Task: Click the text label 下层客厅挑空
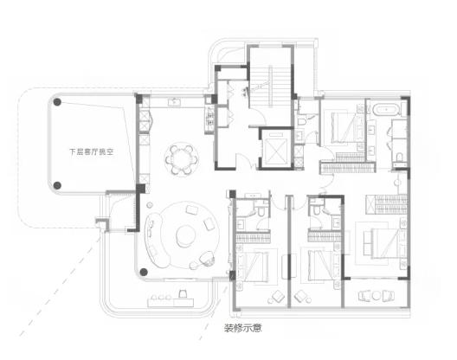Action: click(91, 151)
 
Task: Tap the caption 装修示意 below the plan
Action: click(242, 328)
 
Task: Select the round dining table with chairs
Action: click(182, 159)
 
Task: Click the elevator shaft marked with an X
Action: click(276, 148)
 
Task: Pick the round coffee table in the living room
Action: click(185, 235)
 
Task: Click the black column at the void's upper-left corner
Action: click(57, 102)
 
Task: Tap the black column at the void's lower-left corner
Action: click(57, 185)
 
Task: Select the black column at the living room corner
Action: click(144, 272)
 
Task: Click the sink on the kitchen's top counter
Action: click(175, 102)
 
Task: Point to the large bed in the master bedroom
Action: click(384, 243)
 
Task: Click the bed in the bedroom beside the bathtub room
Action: click(344, 127)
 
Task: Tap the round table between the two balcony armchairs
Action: click(377, 296)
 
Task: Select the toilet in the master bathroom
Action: click(399, 157)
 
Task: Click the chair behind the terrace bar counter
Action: click(183, 293)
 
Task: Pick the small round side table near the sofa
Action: click(150, 204)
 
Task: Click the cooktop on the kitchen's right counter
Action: click(209, 117)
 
